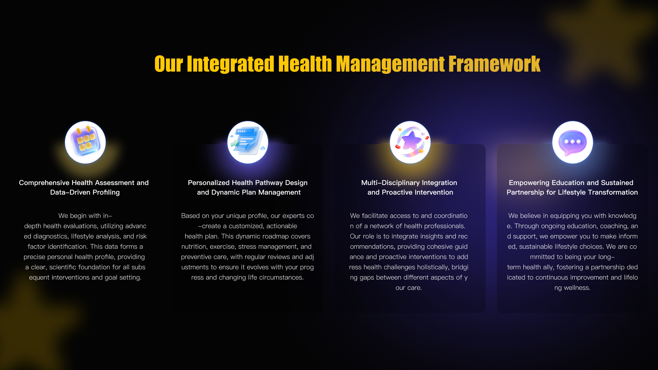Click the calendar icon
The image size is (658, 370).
click(85, 142)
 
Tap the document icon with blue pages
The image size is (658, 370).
click(248, 142)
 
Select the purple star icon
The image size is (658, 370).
click(410, 142)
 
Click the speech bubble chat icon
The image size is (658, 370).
click(573, 142)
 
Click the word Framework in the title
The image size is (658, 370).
click(494, 64)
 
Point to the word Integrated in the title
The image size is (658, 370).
click(230, 64)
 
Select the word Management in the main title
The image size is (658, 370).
click(390, 64)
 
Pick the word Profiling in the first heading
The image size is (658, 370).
click(106, 193)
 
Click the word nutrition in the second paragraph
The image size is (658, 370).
click(194, 247)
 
